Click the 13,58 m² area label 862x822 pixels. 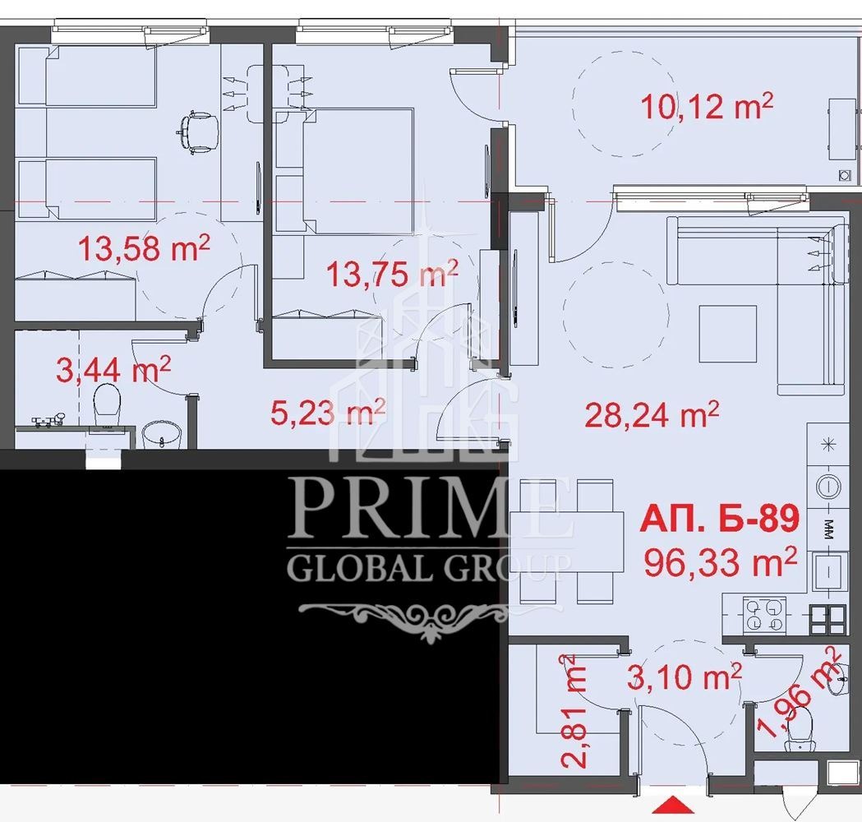(x=144, y=247)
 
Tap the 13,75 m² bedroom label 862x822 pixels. (x=392, y=273)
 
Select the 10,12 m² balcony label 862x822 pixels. (x=707, y=106)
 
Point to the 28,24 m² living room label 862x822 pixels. (x=652, y=414)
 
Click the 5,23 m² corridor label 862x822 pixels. (x=328, y=412)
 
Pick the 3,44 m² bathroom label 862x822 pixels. (x=113, y=369)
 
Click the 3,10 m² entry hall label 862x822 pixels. (x=685, y=676)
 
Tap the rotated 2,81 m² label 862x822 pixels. (x=574, y=711)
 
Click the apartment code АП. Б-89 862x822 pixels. (x=720, y=519)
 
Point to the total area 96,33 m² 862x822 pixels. (x=720, y=562)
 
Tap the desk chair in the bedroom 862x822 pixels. (x=197, y=132)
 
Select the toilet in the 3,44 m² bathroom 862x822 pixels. (x=107, y=405)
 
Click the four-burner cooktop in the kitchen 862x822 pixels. (x=764, y=614)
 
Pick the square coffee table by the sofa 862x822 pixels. (x=728, y=333)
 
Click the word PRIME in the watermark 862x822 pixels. (x=429, y=509)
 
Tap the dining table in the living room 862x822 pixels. (x=566, y=542)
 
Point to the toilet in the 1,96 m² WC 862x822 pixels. (x=800, y=728)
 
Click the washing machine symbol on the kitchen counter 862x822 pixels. (x=829, y=486)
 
